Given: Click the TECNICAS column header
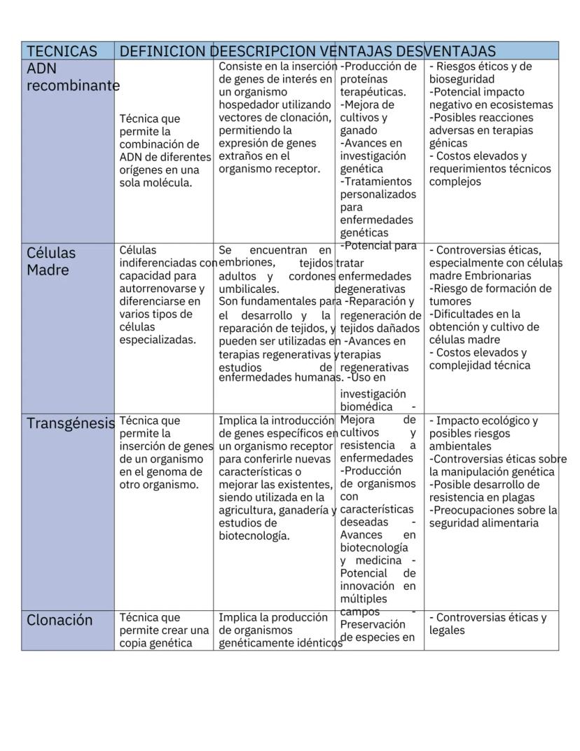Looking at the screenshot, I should pyautogui.click(x=62, y=51).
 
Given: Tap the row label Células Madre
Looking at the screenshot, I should pyautogui.click(x=51, y=261).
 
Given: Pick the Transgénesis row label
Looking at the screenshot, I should pyautogui.click(x=70, y=423).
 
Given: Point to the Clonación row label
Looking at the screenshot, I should pyautogui.click(x=60, y=620).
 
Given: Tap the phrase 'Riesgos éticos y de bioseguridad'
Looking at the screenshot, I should pyautogui.click(x=481, y=73).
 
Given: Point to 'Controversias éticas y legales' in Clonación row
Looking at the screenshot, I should pyautogui.click(x=487, y=623).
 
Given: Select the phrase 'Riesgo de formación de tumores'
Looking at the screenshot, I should pyautogui.click(x=490, y=294).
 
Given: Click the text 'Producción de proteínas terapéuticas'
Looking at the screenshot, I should pyautogui.click(x=378, y=79).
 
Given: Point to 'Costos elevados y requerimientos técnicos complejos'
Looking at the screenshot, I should pyautogui.click(x=490, y=168).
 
